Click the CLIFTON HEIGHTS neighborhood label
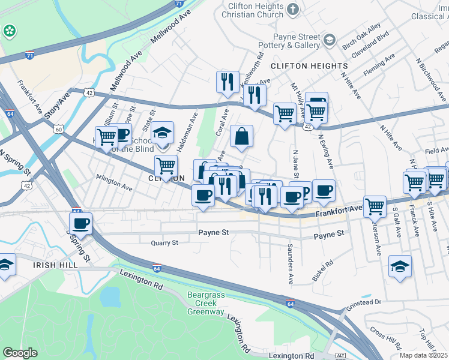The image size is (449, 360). (309, 65)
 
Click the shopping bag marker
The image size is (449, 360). (241, 136)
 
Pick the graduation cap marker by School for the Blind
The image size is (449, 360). (162, 134)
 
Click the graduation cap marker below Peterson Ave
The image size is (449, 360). (400, 267)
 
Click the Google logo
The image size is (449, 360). (20, 353)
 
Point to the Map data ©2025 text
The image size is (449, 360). (424, 355)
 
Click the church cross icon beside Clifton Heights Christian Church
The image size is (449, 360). (292, 9)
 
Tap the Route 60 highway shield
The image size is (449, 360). (58, 129)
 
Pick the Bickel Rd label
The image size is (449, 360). (322, 271)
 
